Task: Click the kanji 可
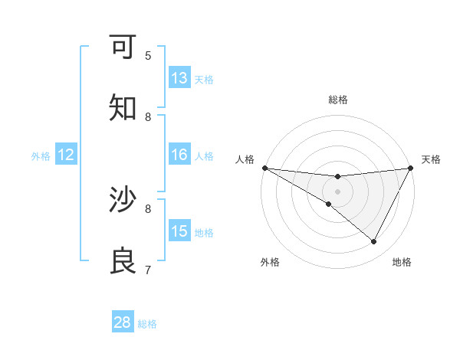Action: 123,47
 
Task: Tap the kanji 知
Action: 123,109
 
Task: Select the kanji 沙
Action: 123,201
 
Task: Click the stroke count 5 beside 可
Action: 148,55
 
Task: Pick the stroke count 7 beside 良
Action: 148,270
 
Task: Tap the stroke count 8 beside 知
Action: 148,116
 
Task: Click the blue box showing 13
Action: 179,78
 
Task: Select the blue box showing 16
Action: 179,155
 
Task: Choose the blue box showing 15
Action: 179,231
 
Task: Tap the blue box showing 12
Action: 66,155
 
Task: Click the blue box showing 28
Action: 123,322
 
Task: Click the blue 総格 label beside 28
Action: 147,324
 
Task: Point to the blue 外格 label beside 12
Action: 41,156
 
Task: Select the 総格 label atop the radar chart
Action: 337,100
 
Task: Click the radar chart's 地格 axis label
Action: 402,262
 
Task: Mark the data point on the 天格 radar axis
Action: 411,168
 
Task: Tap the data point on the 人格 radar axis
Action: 264,168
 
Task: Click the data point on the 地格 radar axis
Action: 374,242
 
